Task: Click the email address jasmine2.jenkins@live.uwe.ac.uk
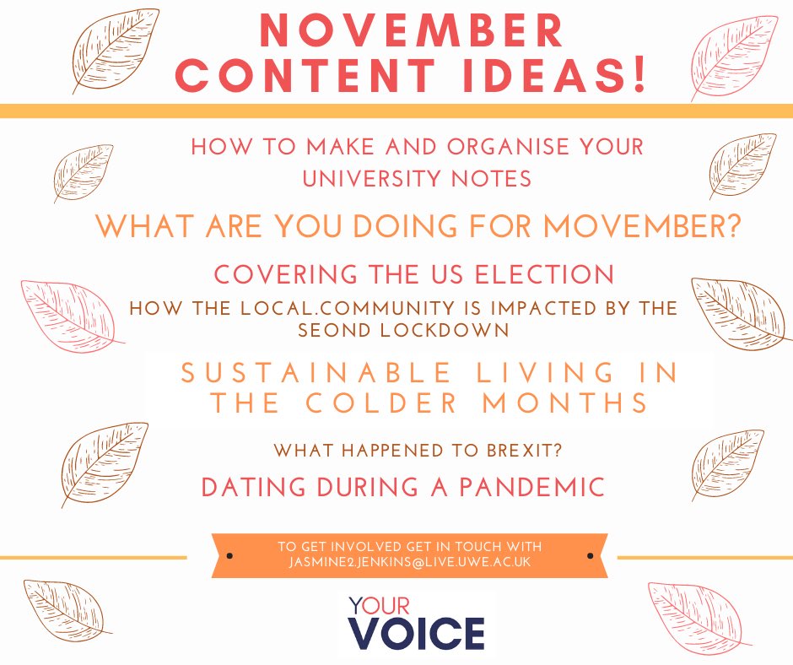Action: click(409, 563)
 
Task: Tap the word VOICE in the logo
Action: click(417, 633)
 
